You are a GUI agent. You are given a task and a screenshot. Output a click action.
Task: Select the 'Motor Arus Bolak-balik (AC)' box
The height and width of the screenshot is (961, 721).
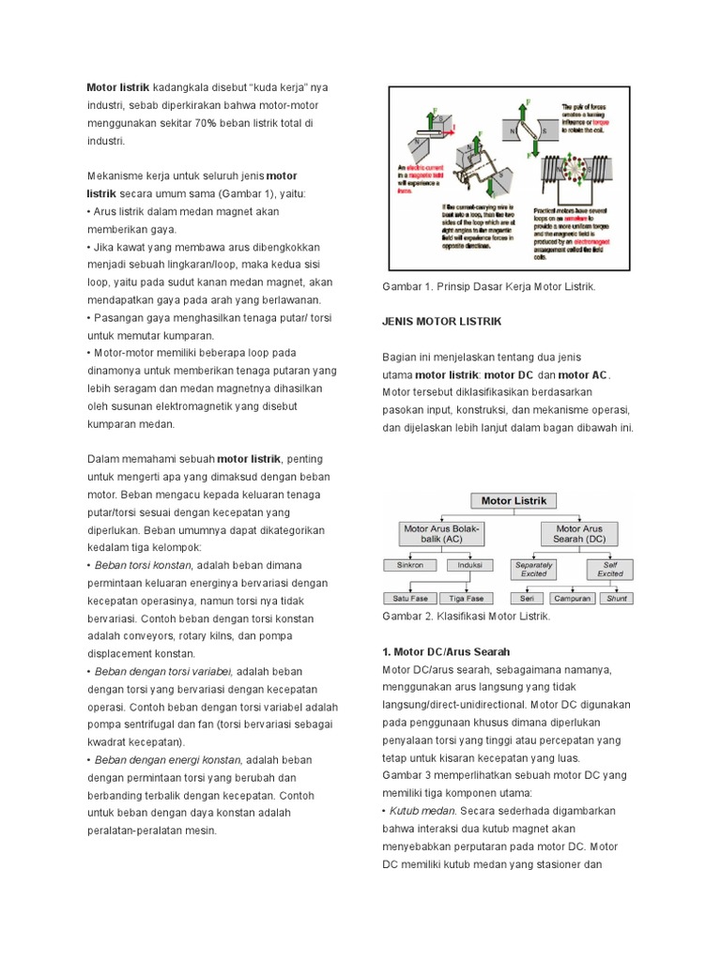pyautogui.click(x=440, y=534)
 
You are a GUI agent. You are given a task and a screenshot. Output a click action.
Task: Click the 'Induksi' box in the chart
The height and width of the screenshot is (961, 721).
pyautogui.click(x=469, y=566)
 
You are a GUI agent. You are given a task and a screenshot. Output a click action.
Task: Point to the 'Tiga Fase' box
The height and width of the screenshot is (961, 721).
pyautogui.click(x=467, y=598)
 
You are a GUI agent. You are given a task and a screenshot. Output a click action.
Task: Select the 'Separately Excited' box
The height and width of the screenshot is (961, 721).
pyautogui.click(x=533, y=569)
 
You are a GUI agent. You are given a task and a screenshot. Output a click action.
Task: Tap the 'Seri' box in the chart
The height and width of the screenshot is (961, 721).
pyautogui.click(x=527, y=598)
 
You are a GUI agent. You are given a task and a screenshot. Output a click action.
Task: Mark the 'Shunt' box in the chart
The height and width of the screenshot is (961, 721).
pyautogui.click(x=616, y=598)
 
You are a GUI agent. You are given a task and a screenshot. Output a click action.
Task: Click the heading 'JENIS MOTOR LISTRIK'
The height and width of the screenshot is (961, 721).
pyautogui.click(x=441, y=321)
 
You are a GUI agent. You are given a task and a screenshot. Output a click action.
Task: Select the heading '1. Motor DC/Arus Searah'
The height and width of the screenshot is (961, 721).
pyautogui.click(x=446, y=651)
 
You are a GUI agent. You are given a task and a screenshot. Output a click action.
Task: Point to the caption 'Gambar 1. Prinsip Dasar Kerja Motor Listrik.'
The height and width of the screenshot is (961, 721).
pyautogui.click(x=488, y=286)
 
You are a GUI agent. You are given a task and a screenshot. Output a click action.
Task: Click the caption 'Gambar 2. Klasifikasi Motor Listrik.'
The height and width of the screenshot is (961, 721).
pyautogui.click(x=466, y=617)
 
